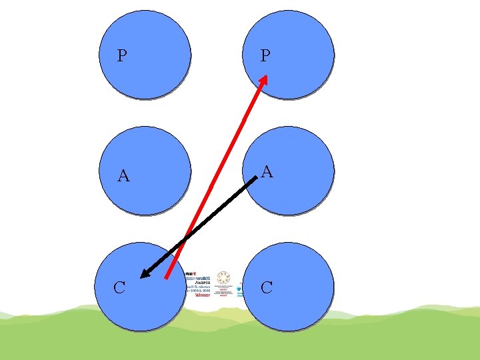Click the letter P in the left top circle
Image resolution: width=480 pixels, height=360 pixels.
pyautogui.click(x=121, y=56)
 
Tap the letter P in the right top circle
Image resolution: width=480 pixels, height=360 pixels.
pyautogui.click(x=265, y=56)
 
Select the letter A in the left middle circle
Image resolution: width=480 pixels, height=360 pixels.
pyautogui.click(x=123, y=176)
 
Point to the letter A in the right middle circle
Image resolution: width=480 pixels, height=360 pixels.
pyautogui.click(x=267, y=172)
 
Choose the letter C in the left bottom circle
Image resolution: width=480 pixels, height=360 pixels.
pyautogui.click(x=119, y=288)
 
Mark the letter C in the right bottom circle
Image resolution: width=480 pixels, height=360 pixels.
pyautogui.click(x=267, y=288)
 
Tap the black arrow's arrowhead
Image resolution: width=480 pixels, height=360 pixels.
pyautogui.click(x=146, y=273)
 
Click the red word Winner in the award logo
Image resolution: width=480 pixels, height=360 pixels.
pyautogui.click(x=202, y=295)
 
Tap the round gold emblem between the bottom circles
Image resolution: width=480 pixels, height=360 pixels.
pyautogui.click(x=223, y=278)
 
